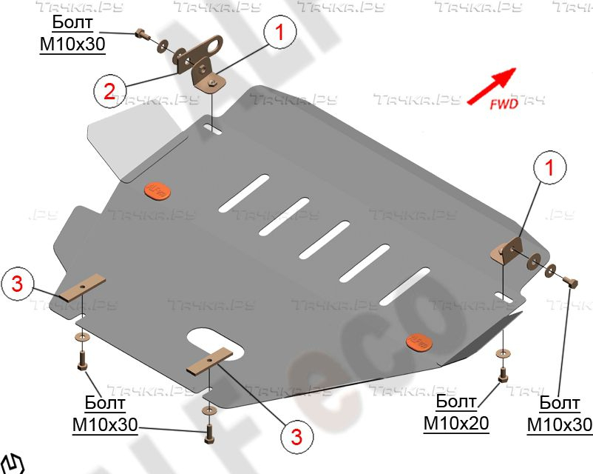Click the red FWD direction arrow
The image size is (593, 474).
coord(491,84)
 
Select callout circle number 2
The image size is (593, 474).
coord(109,91)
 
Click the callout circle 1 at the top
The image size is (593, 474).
coord(280,33)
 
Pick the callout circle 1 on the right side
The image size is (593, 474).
coord(549,168)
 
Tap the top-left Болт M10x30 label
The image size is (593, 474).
coord(72,36)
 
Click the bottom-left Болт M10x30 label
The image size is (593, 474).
coord(105,414)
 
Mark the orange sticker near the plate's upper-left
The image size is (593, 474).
coord(157,191)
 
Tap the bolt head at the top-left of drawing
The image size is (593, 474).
coord(140,33)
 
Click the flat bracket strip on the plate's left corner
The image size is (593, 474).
coord(83,287)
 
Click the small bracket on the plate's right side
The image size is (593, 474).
coord(509,249)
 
